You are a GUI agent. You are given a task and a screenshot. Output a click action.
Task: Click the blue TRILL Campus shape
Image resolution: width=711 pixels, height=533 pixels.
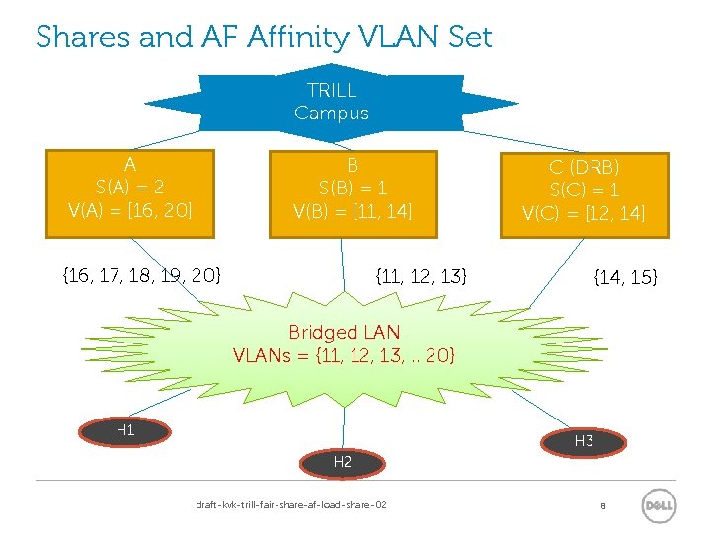click(x=332, y=102)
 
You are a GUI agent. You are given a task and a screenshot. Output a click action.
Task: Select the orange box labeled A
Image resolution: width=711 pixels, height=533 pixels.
click(x=130, y=193)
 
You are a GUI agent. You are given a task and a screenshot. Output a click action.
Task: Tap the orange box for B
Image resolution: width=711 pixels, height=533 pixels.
click(x=353, y=193)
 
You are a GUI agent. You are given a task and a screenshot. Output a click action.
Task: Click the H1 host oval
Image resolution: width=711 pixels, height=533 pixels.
click(x=125, y=430)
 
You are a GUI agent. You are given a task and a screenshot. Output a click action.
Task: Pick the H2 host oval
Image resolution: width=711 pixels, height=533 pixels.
click(x=343, y=461)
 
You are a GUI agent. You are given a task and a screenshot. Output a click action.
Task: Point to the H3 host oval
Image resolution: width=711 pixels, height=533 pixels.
click(x=584, y=441)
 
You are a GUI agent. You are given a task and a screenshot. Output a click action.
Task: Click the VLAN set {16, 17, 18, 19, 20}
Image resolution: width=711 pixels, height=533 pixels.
click(x=141, y=274)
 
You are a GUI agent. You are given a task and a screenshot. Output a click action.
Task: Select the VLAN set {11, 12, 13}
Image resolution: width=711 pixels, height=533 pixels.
click(x=422, y=275)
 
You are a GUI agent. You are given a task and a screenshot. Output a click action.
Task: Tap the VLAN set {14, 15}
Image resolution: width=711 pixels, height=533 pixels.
click(x=624, y=278)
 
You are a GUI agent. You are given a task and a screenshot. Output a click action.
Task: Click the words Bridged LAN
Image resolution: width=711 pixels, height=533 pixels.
click(x=344, y=332)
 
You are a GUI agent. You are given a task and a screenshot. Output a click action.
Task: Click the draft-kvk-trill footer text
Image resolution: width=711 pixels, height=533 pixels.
click(x=291, y=505)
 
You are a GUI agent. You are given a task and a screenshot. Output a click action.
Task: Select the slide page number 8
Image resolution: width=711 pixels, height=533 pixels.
click(x=601, y=506)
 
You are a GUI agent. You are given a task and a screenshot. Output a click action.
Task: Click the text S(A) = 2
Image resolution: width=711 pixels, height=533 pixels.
click(x=130, y=187)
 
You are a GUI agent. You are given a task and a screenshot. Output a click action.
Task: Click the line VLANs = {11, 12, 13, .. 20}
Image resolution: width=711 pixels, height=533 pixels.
click(x=344, y=354)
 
